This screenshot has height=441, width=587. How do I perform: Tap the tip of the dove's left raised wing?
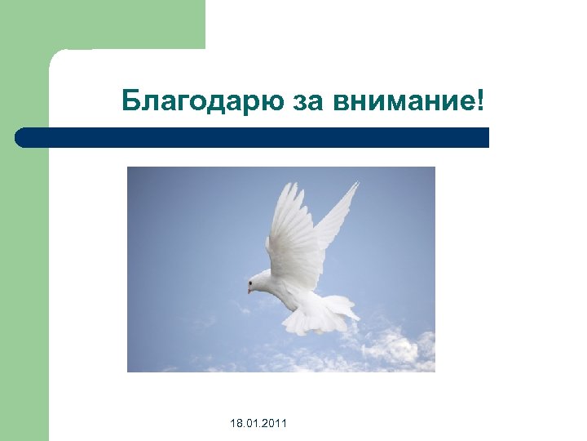coord(285,185)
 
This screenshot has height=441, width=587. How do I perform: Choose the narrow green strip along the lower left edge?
coord(24,327)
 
